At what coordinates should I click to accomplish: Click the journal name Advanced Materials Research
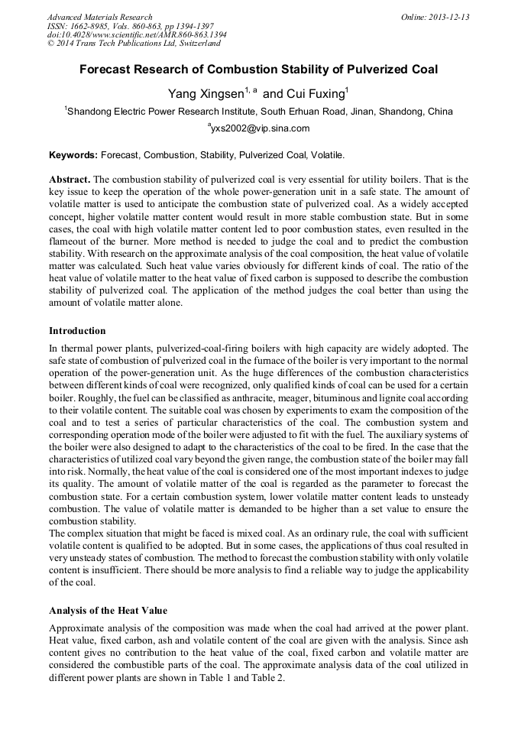(x=99, y=17)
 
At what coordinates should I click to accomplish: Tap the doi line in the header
(x=137, y=35)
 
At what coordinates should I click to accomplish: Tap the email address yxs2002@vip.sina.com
(x=260, y=128)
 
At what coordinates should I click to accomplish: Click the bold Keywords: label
(x=73, y=154)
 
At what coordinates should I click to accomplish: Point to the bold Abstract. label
(x=70, y=179)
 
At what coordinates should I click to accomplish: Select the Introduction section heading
(x=77, y=331)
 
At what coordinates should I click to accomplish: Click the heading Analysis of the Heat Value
(x=108, y=611)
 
